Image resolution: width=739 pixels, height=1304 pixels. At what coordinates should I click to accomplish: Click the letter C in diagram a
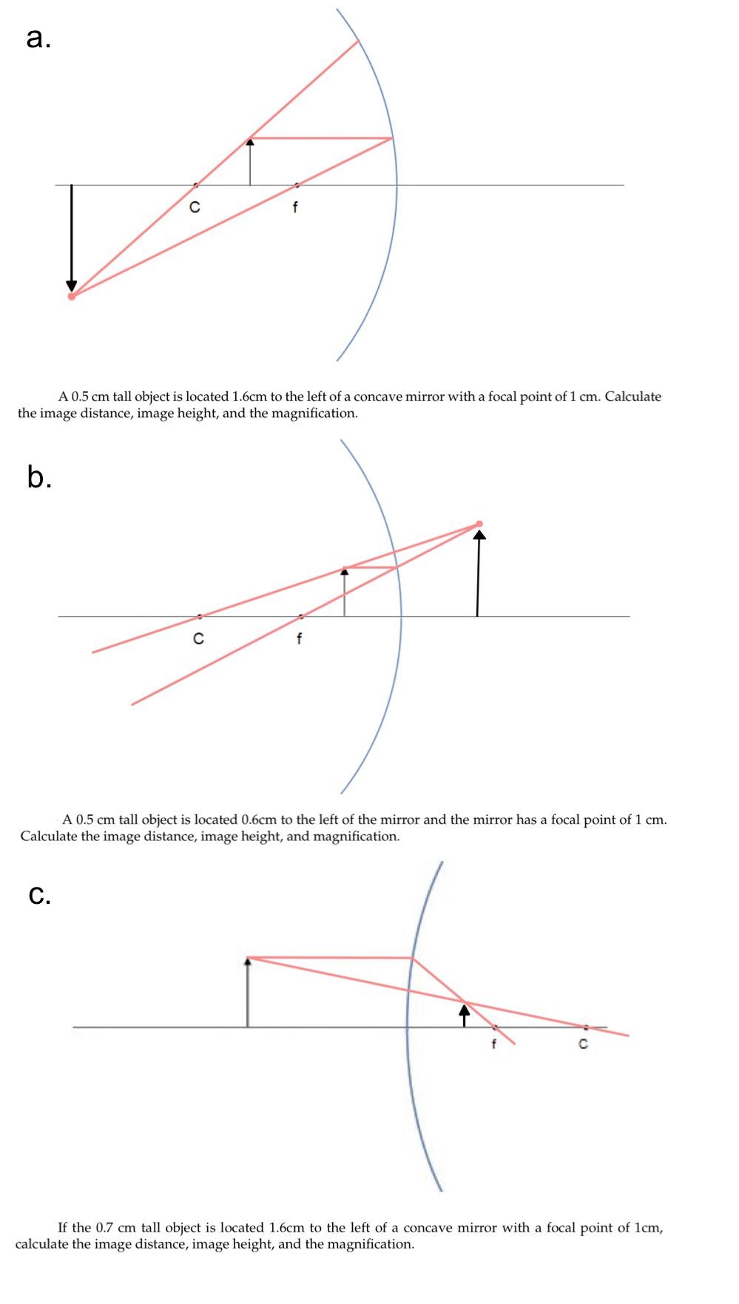click(195, 208)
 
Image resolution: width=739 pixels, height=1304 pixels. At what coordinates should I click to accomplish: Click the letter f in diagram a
click(295, 208)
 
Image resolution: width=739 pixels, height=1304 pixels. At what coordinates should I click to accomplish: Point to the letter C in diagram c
click(583, 1044)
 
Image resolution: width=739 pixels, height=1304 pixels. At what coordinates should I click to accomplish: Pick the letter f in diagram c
click(493, 1044)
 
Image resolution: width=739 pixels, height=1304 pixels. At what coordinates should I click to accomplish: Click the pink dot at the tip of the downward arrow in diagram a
click(71, 297)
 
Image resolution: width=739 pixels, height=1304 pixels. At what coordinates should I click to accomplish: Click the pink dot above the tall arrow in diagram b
click(479, 524)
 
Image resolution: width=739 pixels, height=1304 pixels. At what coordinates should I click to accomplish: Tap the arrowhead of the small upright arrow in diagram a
click(250, 141)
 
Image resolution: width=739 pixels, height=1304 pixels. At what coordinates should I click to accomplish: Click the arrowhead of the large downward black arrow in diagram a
click(71, 286)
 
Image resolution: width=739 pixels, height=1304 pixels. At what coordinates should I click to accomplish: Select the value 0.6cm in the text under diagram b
click(259, 820)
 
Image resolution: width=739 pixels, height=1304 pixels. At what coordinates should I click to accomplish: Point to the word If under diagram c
click(64, 1228)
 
